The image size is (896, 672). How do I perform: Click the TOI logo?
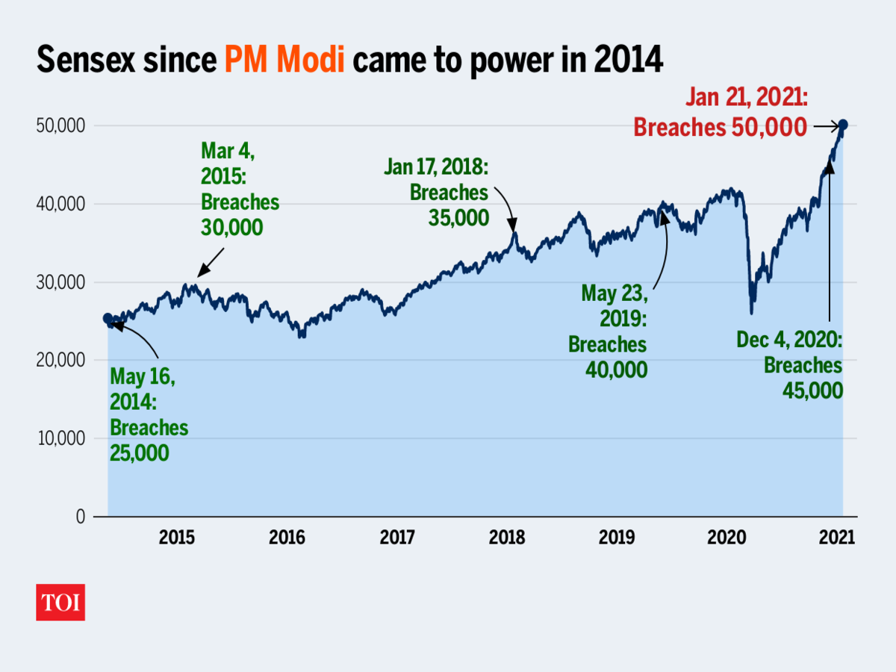[60, 603]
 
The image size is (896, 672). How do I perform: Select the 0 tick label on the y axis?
[80, 517]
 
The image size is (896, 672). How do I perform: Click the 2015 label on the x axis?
[177, 538]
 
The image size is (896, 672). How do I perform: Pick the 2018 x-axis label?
[507, 538]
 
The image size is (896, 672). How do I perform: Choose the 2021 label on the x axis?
[836, 538]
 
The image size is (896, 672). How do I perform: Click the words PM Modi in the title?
[284, 60]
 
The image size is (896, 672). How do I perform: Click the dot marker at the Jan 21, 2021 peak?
[843, 125]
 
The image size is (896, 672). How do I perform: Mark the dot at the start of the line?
[108, 319]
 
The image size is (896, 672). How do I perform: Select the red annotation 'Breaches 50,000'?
[720, 128]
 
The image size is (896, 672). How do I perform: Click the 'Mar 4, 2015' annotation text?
[228, 161]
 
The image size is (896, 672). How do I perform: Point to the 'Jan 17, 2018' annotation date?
[436, 167]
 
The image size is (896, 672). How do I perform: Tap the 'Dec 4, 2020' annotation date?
[789, 341]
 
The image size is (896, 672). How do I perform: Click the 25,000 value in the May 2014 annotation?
[139, 452]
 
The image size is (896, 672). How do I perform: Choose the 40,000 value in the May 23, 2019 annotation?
[617, 369]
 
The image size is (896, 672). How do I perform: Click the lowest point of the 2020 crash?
[751, 313]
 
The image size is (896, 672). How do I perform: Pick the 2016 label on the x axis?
[287, 538]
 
